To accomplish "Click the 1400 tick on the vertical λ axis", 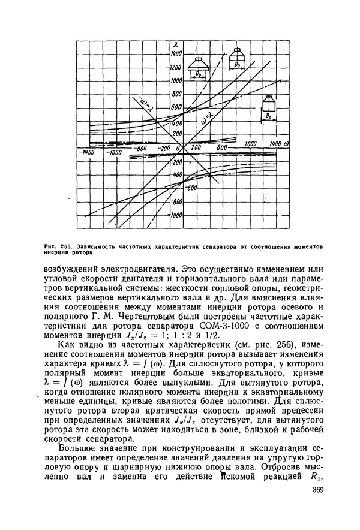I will point(178,53).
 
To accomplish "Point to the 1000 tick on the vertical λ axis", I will point(176,80).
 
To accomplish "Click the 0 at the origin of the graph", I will point(178,147).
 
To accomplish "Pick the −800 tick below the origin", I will point(176,202).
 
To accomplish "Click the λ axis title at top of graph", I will point(174,45).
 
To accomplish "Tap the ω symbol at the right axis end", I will point(289,144).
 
